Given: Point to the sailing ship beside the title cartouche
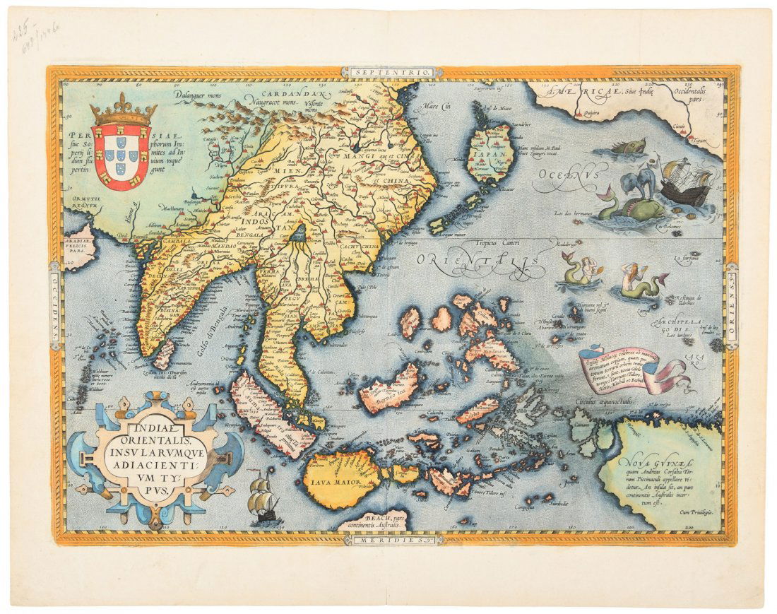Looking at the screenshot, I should [x=263, y=500].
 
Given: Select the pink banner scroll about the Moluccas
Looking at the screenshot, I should [x=622, y=371].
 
